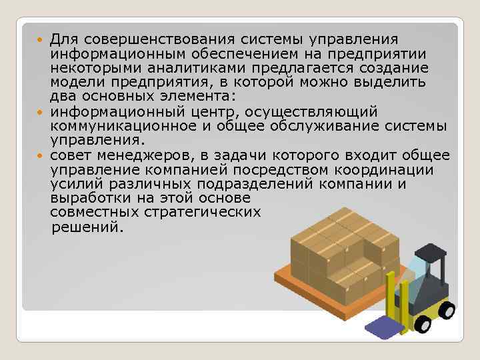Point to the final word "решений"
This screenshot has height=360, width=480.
coord(86,227)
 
